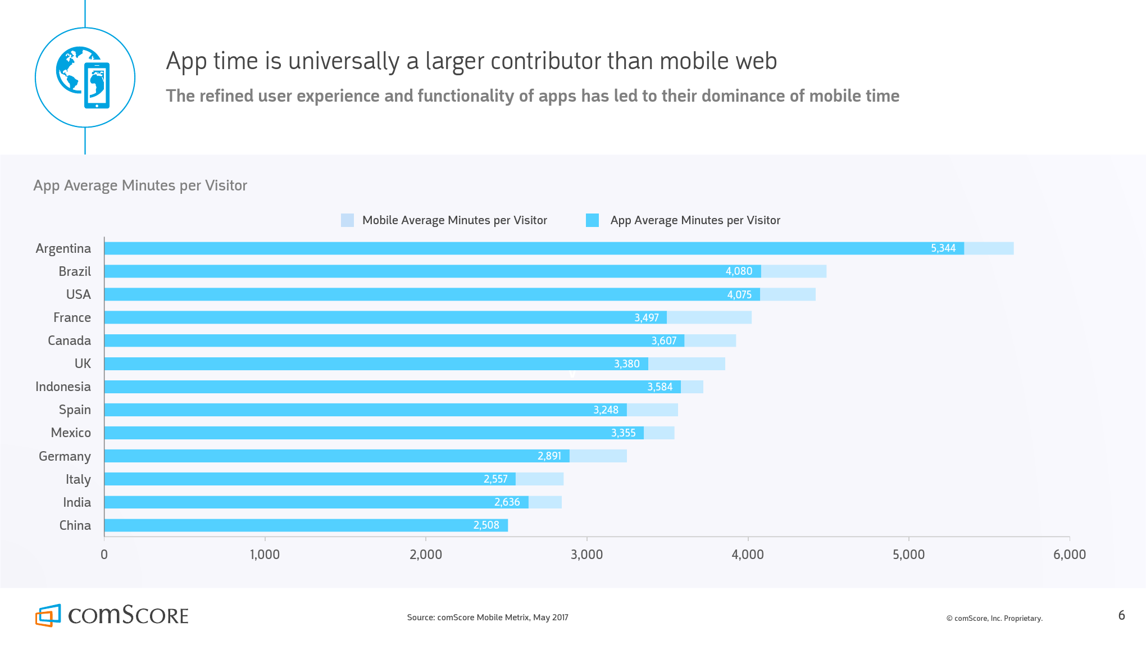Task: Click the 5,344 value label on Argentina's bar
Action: coord(943,248)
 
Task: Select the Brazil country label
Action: coord(75,272)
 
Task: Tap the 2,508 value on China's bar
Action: coord(486,525)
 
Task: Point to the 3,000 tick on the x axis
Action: coord(586,555)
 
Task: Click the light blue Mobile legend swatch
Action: coord(347,220)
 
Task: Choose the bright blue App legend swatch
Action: coord(592,220)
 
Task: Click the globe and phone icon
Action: coord(85,78)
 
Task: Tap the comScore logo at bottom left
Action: coord(112,615)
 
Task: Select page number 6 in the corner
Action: coord(1121,615)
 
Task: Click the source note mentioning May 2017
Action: coord(488,617)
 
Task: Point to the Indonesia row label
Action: coord(63,387)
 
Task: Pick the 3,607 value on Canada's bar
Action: coord(663,341)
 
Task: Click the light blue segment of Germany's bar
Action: coord(598,456)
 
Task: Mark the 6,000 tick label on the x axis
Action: coord(1069,555)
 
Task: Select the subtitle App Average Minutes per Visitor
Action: coord(140,185)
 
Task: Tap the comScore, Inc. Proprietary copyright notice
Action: coord(994,619)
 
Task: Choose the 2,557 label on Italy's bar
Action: coord(495,479)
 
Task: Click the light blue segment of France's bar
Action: coord(709,318)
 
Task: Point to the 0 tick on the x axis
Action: coord(104,555)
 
